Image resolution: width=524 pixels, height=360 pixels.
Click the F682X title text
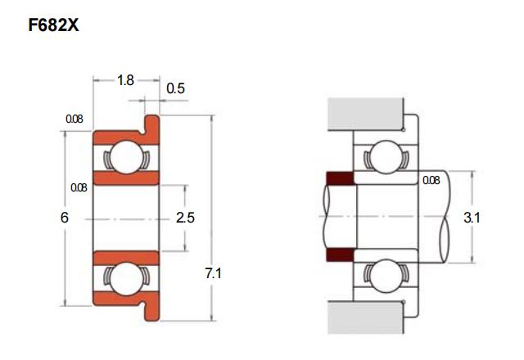point(53,25)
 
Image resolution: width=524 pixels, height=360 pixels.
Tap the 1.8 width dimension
point(125,80)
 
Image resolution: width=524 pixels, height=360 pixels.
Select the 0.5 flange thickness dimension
point(175,88)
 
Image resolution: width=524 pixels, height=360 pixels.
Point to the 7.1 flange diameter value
point(213,273)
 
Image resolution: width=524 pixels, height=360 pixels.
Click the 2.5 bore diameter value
point(185,218)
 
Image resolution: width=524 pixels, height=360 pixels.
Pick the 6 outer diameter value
point(65,218)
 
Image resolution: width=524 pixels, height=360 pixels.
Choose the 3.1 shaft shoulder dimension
point(472,218)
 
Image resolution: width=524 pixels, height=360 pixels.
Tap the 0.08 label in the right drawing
point(431,180)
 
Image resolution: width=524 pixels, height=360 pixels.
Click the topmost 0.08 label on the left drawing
point(75,119)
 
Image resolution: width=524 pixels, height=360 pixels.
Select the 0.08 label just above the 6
point(79,187)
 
